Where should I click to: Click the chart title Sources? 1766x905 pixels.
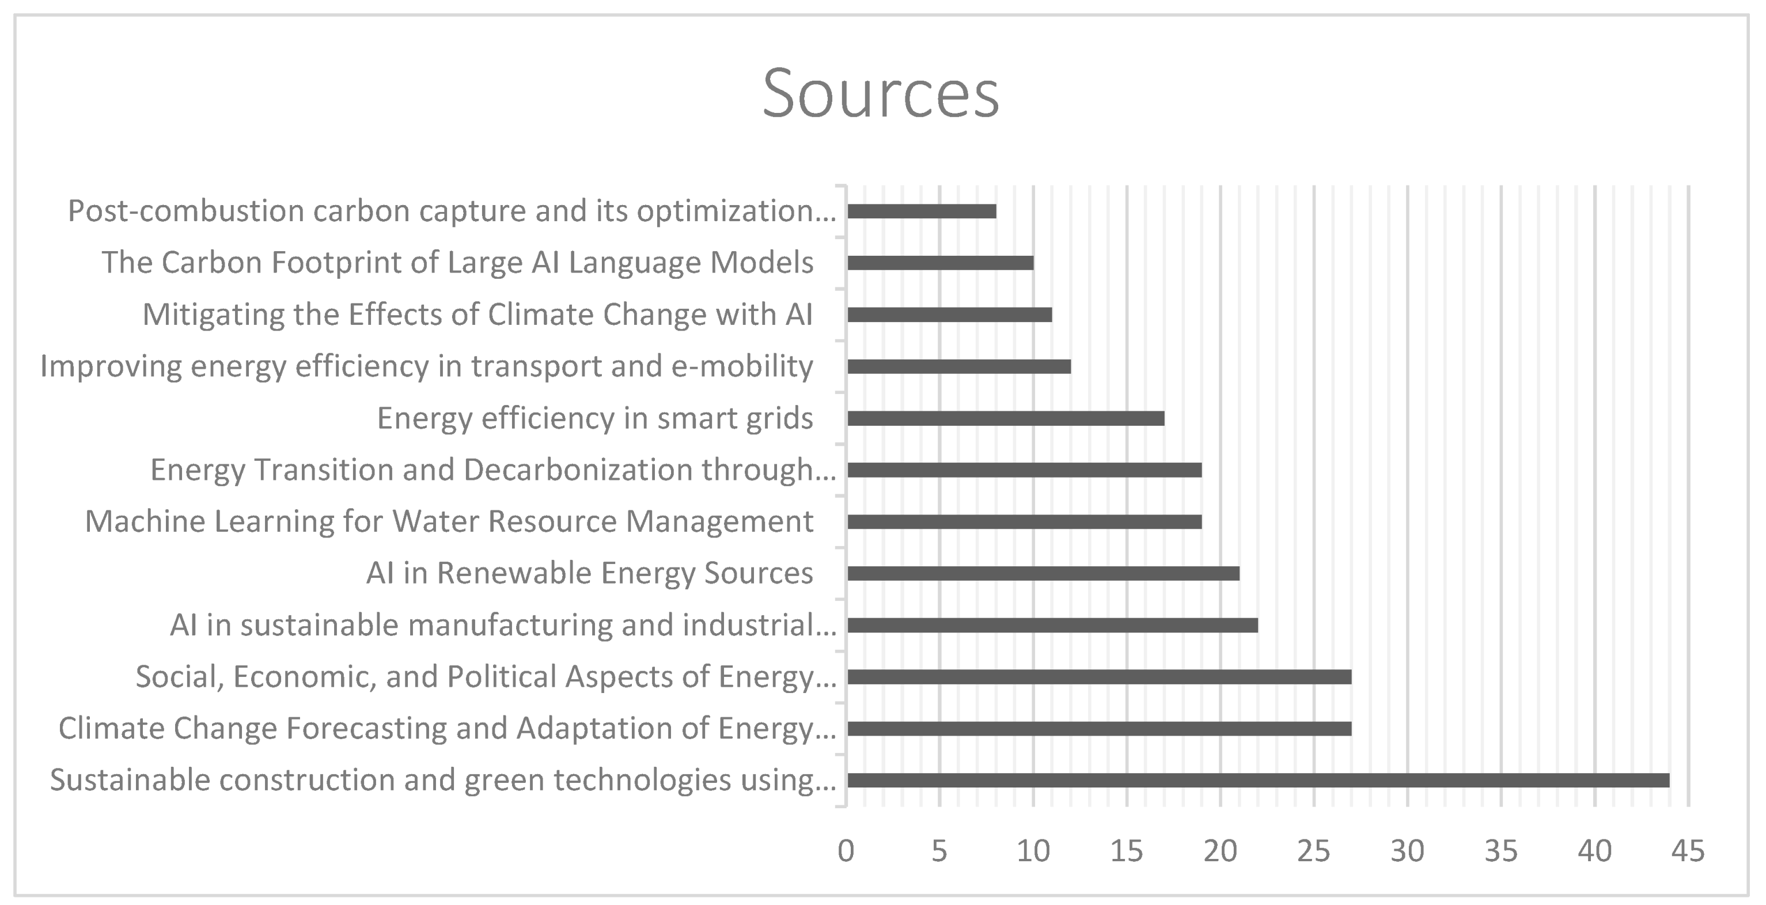(x=881, y=94)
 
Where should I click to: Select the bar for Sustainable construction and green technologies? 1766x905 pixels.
(x=1258, y=780)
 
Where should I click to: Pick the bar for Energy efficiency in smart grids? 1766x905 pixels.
(x=1006, y=418)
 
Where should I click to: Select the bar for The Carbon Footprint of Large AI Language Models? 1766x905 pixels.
(x=940, y=263)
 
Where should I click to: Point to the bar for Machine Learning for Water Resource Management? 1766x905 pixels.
(x=1024, y=522)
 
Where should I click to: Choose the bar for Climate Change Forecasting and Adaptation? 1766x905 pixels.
(x=1099, y=728)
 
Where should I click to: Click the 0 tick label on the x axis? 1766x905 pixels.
(x=846, y=851)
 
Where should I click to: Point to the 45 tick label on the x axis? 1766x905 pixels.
(x=1688, y=851)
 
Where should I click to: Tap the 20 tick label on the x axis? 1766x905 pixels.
(x=1221, y=851)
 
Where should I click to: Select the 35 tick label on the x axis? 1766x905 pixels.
(x=1500, y=851)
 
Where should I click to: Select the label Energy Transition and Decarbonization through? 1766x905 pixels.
(x=493, y=470)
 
